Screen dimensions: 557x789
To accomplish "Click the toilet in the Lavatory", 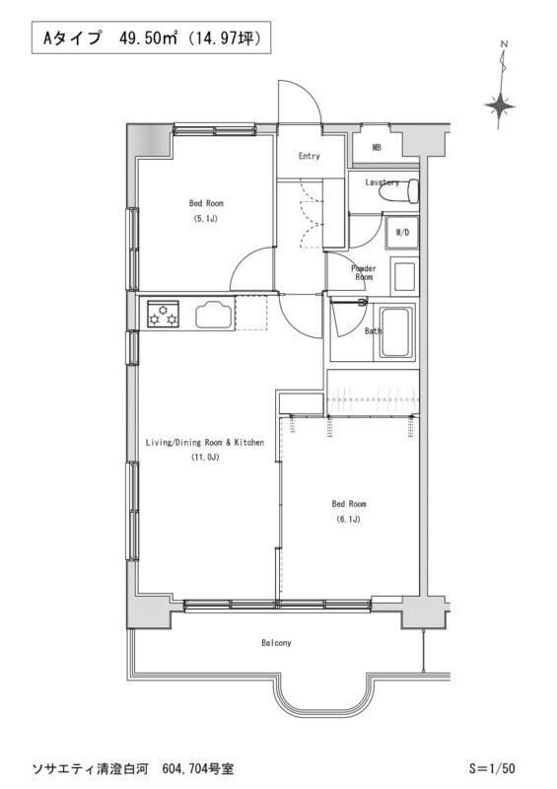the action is coord(401,190).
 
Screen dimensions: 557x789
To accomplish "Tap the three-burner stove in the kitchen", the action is coord(163,314).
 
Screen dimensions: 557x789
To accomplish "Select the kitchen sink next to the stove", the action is coord(214,315).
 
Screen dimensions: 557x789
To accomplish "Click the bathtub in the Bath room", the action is coord(396,332).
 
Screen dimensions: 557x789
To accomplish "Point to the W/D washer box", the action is coord(402,233).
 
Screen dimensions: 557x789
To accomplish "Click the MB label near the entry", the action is coord(377,147).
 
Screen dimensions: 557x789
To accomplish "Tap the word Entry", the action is coord(309,156).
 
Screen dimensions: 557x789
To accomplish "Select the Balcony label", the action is coord(276,643).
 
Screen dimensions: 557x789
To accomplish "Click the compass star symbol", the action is coord(500,107).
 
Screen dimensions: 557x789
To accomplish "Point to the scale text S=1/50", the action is coord(492,768).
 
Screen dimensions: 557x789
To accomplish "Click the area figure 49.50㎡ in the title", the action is coord(148,38).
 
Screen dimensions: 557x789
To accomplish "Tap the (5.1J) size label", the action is coord(206,219).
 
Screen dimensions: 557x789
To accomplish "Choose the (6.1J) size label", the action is coord(348,520).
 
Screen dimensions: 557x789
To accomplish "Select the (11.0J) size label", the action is coord(205,458).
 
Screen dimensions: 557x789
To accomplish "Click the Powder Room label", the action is coord(364,273).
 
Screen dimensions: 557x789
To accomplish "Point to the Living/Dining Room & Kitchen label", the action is coord(205,443).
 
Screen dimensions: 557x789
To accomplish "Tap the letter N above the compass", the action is coord(504,44).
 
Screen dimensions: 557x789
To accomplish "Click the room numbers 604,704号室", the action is coord(198,768).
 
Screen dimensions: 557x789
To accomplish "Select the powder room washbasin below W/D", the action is coord(404,276).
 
